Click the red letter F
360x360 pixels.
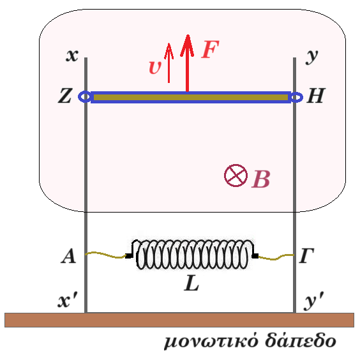[x=210, y=49]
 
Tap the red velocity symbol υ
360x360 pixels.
[x=155, y=68]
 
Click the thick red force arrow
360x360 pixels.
[x=188, y=63]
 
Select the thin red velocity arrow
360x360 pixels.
[x=169, y=63]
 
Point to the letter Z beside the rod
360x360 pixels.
[x=65, y=96]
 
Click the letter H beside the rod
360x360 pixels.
[x=316, y=95]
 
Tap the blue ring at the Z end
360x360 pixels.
[x=84, y=97]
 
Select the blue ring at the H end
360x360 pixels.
[x=296, y=97]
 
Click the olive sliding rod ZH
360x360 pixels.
[x=191, y=98]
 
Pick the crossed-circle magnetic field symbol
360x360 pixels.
[x=236, y=176]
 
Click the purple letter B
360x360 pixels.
[x=261, y=179]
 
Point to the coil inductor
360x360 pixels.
[x=192, y=254]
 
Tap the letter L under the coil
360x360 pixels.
[x=191, y=283]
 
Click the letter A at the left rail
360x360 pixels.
[x=68, y=256]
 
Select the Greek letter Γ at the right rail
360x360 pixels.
[x=307, y=255]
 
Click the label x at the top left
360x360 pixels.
[x=72, y=56]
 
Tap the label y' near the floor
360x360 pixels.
[x=314, y=301]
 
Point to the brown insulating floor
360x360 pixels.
[x=179, y=320]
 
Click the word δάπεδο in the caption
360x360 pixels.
[x=301, y=341]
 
